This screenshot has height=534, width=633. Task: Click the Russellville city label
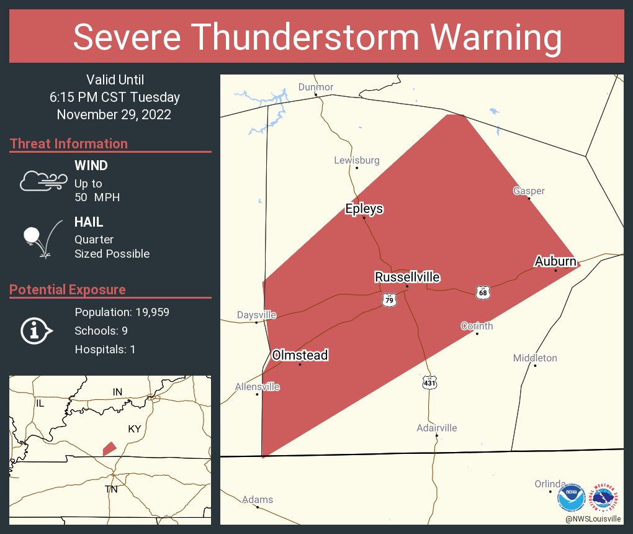407,277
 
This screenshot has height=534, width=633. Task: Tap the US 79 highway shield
389,300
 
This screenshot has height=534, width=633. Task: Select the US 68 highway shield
483,291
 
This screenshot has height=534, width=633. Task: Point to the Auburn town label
555,261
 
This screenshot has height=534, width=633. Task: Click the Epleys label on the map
364,209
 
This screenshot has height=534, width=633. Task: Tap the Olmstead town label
300,355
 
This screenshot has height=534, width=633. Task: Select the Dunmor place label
315,87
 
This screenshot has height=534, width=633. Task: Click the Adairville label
437,428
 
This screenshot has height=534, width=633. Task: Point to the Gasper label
529,191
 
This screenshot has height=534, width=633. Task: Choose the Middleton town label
535,358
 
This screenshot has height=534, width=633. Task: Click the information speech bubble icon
37,331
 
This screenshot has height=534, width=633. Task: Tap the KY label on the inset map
135,429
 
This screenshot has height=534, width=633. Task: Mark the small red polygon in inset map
109,448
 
